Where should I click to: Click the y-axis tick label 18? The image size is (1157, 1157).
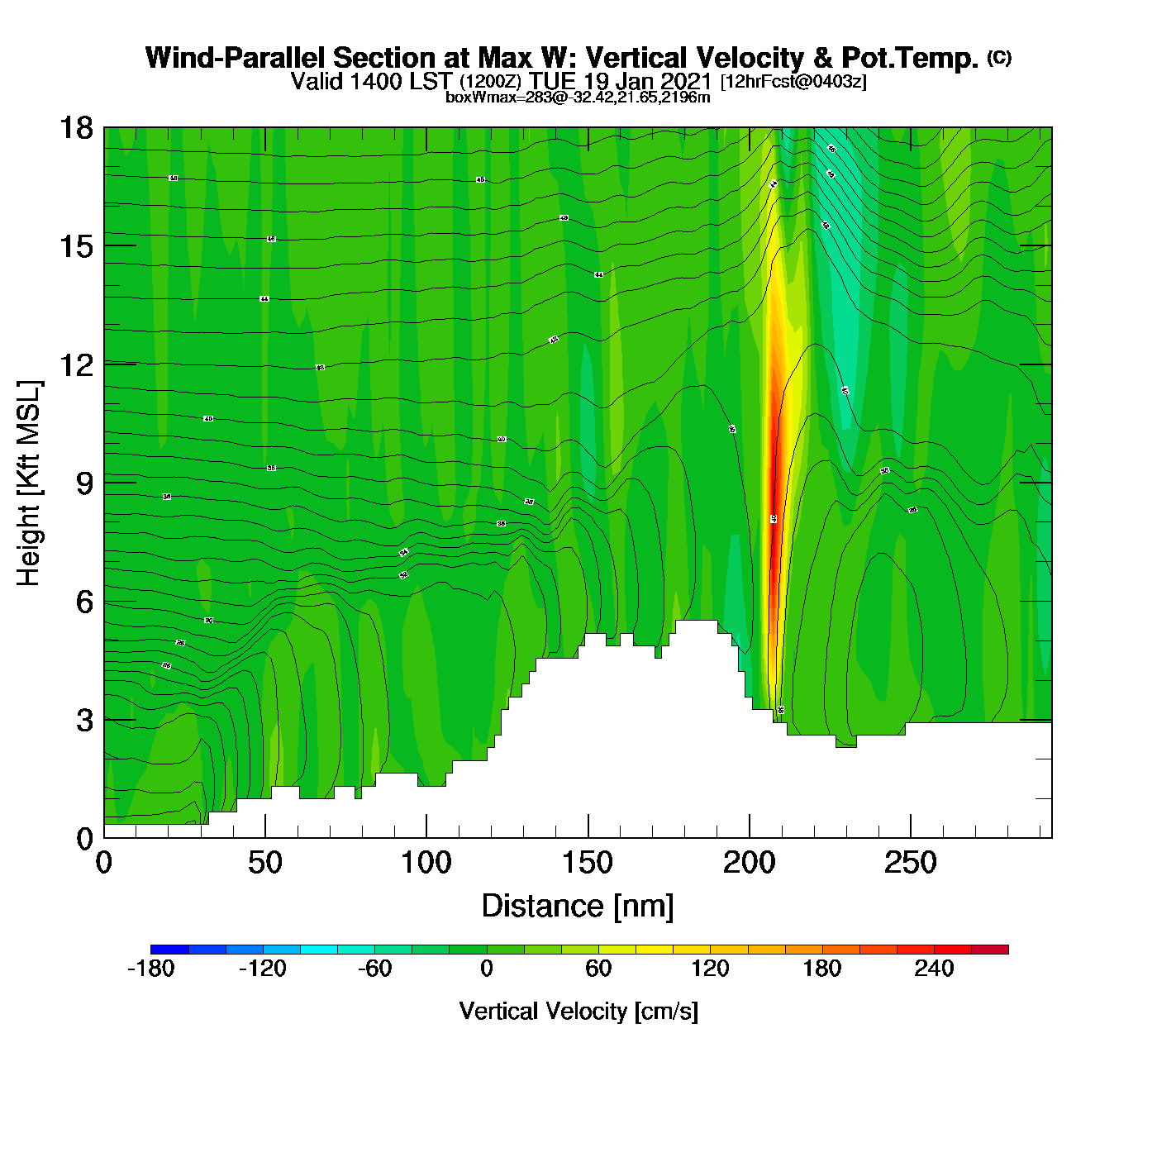point(75,128)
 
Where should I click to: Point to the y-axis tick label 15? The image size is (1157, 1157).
point(75,246)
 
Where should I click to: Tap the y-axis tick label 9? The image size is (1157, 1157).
point(84,483)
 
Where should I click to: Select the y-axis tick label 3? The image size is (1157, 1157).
point(84,721)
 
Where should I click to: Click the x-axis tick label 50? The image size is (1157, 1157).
point(264,864)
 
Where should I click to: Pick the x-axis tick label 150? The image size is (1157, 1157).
point(588,864)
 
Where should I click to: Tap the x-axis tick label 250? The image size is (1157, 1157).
point(910,864)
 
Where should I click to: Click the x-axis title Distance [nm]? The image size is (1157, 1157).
point(578,907)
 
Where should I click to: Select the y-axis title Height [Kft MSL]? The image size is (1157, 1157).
point(29,483)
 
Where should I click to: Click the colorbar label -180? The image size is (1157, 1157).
point(151,969)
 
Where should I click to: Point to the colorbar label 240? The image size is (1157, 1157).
point(934,969)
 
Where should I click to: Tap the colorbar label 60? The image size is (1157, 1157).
point(598,969)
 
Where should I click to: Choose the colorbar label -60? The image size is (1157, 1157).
point(374,969)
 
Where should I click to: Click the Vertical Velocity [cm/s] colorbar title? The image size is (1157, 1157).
point(578,1012)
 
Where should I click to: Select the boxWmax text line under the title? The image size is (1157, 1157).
point(578,98)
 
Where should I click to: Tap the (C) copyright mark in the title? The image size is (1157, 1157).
point(999,57)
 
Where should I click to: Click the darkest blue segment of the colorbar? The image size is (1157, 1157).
point(169,950)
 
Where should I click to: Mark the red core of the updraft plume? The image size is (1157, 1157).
point(774,488)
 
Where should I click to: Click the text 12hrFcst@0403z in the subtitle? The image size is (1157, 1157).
point(793,82)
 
